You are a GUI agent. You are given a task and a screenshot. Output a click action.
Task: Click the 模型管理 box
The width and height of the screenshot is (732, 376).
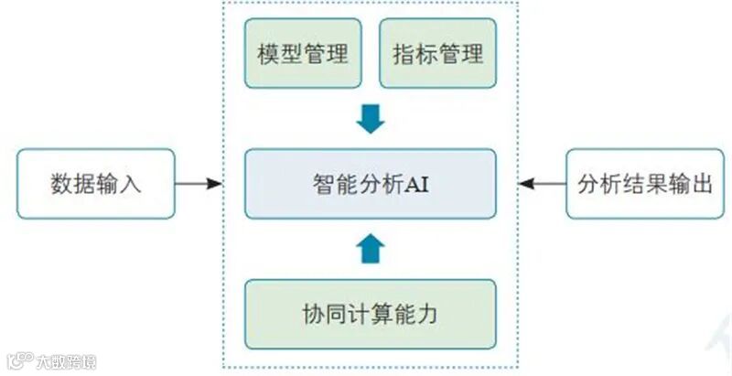tap(303, 54)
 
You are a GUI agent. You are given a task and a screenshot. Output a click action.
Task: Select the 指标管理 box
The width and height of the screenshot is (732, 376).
tap(437, 54)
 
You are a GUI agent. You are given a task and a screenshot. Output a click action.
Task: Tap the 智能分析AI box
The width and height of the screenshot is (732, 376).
tap(371, 183)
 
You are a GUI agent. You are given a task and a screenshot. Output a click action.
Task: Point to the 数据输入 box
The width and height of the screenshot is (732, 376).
tap(95, 184)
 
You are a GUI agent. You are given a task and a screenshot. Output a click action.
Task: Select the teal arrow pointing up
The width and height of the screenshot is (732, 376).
tap(371, 247)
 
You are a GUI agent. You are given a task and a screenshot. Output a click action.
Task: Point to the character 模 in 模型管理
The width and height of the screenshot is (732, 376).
tap(268, 54)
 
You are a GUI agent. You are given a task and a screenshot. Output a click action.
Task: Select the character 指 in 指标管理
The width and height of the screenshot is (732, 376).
tap(404, 54)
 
